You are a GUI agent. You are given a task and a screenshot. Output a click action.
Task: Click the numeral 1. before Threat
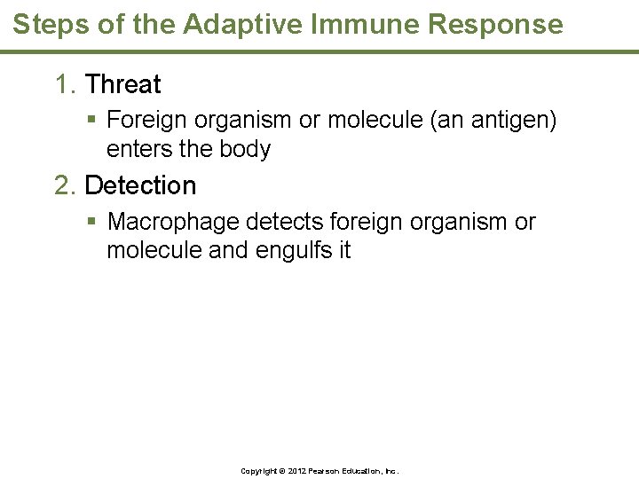tap(66, 85)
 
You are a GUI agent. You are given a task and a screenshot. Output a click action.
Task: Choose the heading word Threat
tap(123, 85)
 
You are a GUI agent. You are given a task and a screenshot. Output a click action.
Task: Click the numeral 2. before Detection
tap(66, 186)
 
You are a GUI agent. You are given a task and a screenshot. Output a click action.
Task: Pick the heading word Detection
tap(140, 186)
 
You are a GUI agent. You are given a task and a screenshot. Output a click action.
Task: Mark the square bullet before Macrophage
tap(92, 222)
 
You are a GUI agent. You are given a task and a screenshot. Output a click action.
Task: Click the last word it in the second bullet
tap(343, 250)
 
